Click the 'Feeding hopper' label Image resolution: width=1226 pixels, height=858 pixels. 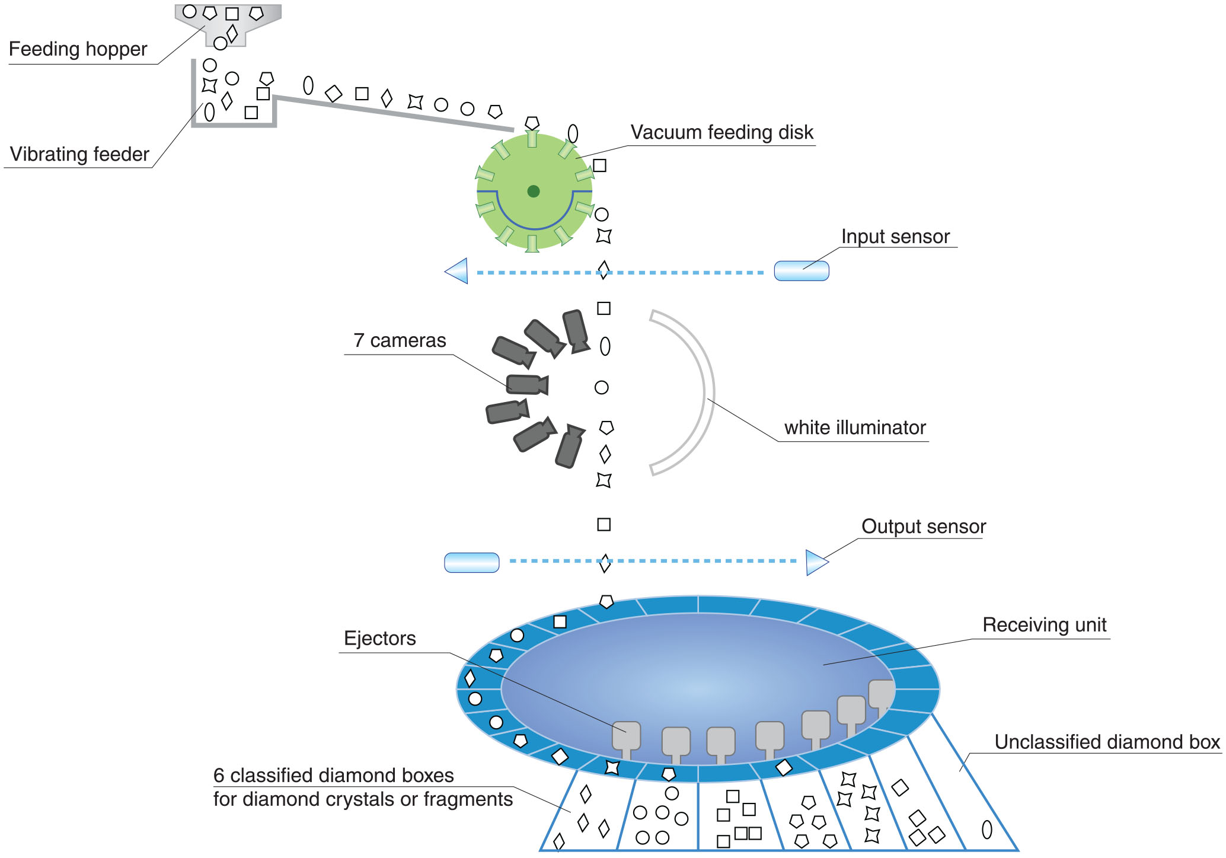[78, 49]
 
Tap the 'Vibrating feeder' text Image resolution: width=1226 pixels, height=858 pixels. [79, 154]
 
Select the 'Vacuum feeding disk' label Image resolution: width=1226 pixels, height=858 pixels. [721, 132]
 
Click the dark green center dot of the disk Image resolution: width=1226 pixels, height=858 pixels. [534, 191]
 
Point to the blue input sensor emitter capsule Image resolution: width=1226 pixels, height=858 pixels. [802, 271]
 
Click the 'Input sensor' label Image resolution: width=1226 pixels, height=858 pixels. [895, 237]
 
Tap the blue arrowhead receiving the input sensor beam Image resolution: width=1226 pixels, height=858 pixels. [458, 271]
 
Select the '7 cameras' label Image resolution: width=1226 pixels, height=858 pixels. [400, 340]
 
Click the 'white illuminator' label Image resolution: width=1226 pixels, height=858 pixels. [854, 428]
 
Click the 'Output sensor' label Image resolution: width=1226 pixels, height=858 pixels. [923, 527]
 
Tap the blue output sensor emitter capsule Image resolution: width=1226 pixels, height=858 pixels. [472, 562]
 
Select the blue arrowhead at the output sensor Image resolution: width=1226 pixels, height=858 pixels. [816, 562]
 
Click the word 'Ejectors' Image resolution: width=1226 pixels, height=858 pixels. [379, 639]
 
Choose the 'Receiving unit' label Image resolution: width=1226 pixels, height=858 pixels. [1044, 625]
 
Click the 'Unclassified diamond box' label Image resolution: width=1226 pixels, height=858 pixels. [1107, 742]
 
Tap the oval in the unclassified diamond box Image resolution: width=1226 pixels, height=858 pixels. [987, 829]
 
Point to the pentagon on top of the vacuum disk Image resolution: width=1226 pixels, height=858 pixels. [532, 123]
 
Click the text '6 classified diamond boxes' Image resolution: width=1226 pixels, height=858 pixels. [333, 776]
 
